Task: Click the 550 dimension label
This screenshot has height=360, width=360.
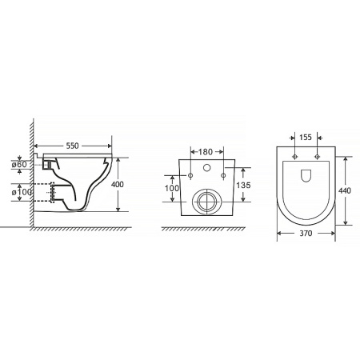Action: [x=73, y=146]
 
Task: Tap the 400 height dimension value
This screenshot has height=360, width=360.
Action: [x=118, y=184]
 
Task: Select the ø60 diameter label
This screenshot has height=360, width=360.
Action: [x=19, y=165]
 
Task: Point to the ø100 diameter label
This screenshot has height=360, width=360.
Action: [x=22, y=192]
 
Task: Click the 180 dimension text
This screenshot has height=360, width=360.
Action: [x=206, y=152]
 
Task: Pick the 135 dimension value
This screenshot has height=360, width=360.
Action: [x=243, y=185]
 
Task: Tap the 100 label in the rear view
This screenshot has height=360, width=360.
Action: [x=172, y=188]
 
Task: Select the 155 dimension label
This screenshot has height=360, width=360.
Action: [x=306, y=137]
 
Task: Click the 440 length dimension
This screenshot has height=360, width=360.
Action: [x=345, y=191]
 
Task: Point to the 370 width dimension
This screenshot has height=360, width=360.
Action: [x=306, y=234]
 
